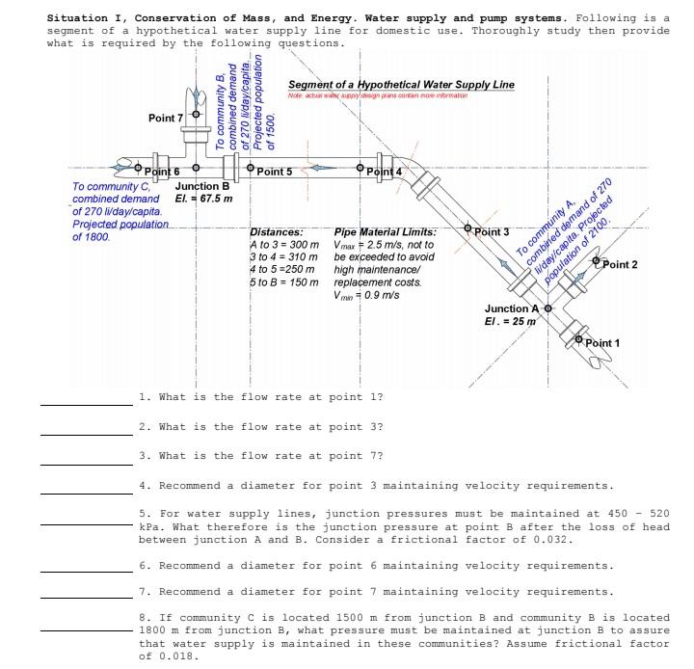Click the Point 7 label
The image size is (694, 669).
click(165, 118)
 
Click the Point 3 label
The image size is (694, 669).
click(493, 232)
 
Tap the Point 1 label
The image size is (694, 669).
click(602, 342)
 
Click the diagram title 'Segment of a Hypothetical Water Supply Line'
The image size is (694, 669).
click(401, 84)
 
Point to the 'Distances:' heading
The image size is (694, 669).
click(277, 232)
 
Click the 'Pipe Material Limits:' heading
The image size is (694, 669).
click(385, 232)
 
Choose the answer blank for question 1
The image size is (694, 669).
click(85, 404)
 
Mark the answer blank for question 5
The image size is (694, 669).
click(85, 524)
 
